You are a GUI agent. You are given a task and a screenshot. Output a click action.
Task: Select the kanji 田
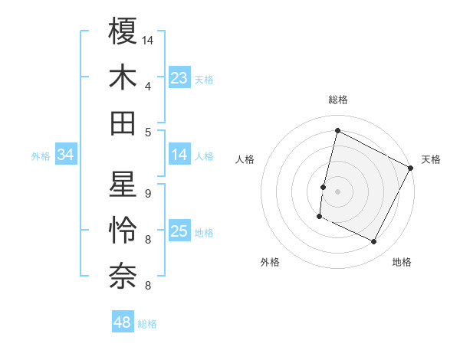(123, 123)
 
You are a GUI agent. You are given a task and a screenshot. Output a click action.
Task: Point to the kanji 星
(123, 185)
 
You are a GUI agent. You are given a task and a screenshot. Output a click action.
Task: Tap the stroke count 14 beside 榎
(149, 40)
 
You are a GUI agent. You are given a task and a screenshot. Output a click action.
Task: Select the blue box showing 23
(179, 77)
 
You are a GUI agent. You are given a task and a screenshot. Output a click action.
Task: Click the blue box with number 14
(179, 155)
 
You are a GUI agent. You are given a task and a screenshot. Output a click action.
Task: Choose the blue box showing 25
(179, 232)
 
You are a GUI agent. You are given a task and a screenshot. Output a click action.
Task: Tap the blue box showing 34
(66, 155)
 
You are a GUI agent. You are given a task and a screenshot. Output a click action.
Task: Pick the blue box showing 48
(123, 322)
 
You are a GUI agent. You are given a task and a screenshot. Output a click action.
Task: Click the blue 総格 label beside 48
(147, 324)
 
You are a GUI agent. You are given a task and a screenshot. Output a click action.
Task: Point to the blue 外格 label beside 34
(41, 156)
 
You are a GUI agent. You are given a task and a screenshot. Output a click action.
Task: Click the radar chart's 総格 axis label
(338, 100)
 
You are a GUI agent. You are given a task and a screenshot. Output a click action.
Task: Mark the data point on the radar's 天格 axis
(411, 168)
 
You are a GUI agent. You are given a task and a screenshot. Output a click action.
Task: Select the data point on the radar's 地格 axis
(374, 242)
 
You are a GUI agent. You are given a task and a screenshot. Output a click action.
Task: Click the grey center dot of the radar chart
(338, 191)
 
